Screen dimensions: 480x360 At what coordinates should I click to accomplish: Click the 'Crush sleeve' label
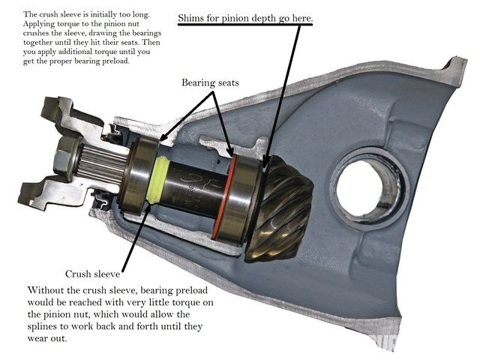tap(92, 274)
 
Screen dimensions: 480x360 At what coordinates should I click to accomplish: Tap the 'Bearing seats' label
tap(210, 82)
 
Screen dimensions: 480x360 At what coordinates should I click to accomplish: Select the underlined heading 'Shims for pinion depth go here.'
tap(245, 18)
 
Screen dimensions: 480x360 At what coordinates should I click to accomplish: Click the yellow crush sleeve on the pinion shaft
tap(157, 180)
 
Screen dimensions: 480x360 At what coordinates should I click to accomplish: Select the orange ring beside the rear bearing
tap(223, 197)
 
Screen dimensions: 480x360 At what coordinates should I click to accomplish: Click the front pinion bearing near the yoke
tap(138, 175)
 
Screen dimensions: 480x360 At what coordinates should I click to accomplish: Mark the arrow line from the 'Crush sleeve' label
tap(136, 236)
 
